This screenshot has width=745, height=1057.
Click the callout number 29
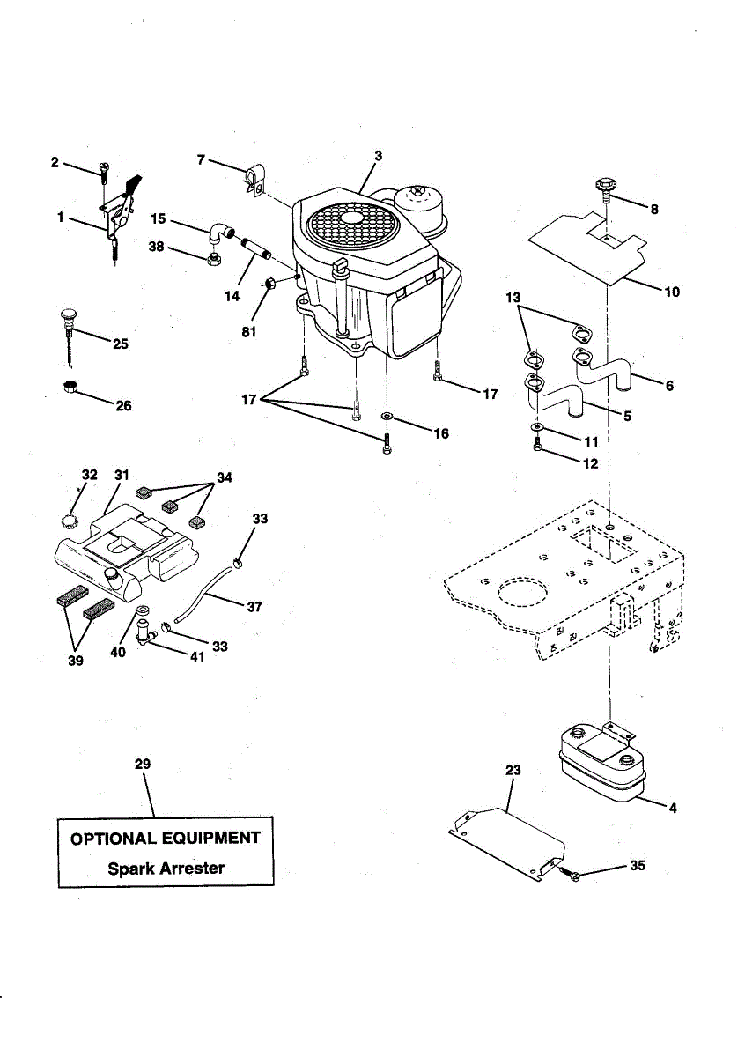[143, 765]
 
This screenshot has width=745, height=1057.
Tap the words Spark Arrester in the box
[166, 868]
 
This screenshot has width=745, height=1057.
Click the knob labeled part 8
[604, 187]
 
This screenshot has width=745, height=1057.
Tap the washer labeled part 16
[387, 415]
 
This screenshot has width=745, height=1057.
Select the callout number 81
[250, 333]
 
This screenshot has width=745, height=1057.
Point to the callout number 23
[513, 770]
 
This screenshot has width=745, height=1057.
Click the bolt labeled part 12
[536, 447]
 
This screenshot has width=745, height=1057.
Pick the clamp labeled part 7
[253, 178]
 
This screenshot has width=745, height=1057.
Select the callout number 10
[672, 292]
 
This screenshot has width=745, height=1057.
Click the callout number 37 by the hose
[254, 607]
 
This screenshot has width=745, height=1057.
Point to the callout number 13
[513, 298]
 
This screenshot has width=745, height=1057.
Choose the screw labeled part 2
[104, 167]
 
